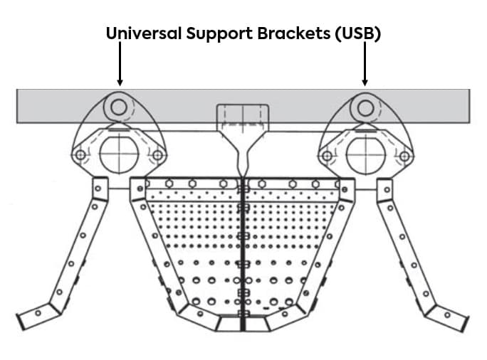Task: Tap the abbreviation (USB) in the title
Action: click(359, 33)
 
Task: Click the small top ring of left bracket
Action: click(119, 107)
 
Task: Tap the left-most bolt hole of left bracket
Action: click(80, 155)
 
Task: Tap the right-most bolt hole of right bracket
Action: click(404, 155)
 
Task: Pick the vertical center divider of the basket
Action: click(243, 256)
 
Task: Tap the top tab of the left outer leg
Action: click(100, 188)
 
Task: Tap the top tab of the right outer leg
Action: click(384, 188)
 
